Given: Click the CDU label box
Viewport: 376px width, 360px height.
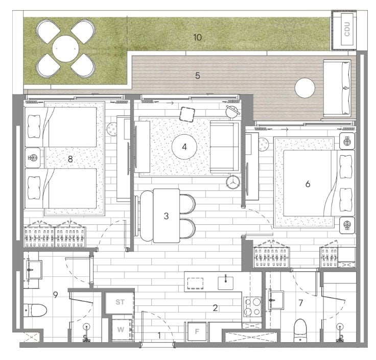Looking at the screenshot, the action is point(347,29).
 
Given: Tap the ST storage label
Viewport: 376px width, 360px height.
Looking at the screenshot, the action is point(120,302).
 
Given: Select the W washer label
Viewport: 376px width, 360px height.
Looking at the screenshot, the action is point(121,329).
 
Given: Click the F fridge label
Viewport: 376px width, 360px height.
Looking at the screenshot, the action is point(197,331).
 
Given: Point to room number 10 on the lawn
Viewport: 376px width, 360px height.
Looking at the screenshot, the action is point(197,37).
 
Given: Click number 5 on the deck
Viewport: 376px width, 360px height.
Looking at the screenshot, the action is point(197,76).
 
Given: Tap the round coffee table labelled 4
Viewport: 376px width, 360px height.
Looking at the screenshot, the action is point(184,147).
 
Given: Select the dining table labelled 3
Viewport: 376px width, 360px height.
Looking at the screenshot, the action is point(167,215).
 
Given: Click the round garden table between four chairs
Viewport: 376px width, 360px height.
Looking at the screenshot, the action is point(65,49).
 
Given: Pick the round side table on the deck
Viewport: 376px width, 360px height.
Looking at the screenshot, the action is point(304,88).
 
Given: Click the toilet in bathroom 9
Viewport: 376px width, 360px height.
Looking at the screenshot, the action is point(35,310).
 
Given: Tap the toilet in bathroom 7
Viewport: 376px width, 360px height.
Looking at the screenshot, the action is point(300,330).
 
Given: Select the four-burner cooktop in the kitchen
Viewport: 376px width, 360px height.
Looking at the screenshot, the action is point(252,306).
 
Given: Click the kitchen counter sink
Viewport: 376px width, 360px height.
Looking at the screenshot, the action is point(225,283).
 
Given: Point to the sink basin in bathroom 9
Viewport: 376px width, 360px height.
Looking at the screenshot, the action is point(34,270).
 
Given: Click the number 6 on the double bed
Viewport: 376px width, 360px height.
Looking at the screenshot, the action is point(308,184).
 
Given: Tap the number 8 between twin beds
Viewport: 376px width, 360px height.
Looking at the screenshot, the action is point(70,159).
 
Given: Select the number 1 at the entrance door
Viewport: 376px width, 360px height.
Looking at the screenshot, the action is point(159,335).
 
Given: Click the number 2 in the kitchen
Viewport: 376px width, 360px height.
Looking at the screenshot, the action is point(215,308).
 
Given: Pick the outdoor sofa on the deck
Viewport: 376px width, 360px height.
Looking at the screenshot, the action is point(337,88).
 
